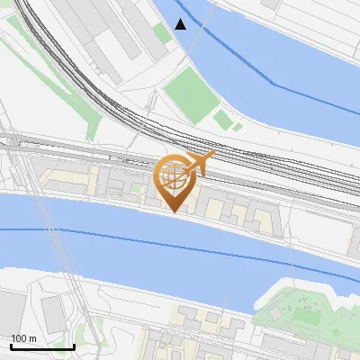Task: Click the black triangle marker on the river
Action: [182, 23]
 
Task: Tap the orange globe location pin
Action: [176, 181]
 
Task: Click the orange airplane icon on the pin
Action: [200, 164]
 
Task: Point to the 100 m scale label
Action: [23, 337]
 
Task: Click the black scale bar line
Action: [42, 346]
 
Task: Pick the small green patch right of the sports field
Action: [222, 119]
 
